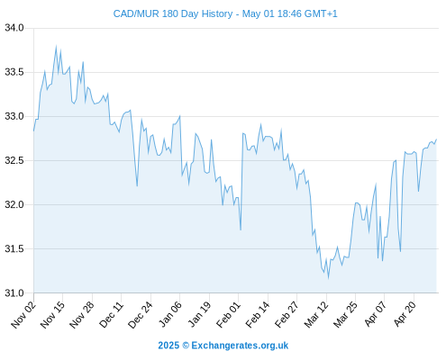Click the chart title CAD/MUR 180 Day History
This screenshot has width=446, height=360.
173,13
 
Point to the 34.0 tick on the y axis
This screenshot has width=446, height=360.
14,28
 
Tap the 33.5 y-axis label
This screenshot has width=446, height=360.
14,72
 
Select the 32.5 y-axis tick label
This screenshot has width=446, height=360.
14,160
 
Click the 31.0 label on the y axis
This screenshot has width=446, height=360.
14,292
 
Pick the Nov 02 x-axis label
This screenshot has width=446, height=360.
23,315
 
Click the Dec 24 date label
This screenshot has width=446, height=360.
141,315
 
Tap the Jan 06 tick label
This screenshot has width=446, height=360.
170,315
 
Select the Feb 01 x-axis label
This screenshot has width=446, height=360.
229,315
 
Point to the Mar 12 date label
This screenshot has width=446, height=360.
316,315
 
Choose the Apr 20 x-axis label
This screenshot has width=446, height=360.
405,315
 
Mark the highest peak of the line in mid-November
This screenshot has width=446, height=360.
56,46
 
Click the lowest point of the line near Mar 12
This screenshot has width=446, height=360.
328,278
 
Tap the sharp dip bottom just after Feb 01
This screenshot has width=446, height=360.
241,230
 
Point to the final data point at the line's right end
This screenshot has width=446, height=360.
436,139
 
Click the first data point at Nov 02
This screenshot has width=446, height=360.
33,130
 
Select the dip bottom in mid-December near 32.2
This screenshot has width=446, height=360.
137,186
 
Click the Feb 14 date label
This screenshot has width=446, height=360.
258,315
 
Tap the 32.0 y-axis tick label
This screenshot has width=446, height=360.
14,204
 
